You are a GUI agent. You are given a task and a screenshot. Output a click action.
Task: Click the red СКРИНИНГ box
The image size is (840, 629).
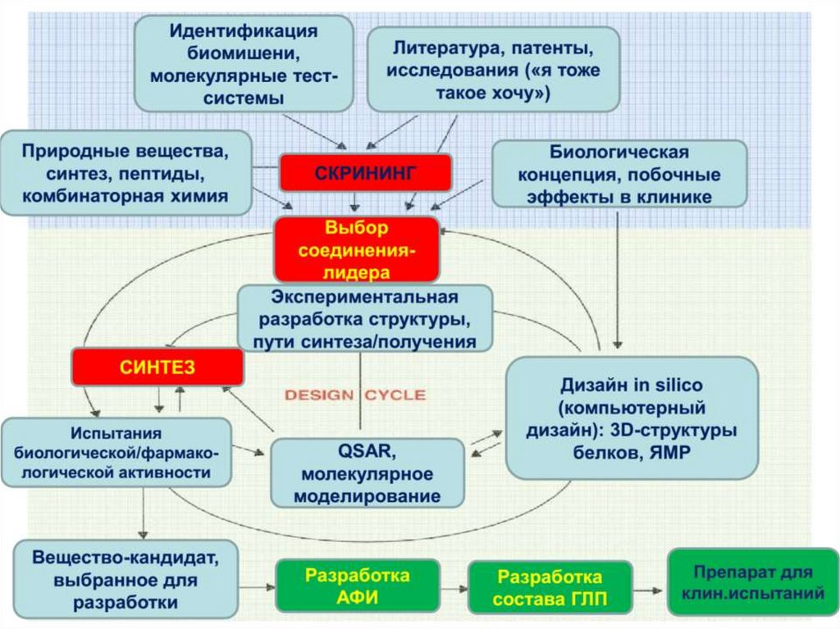click(365, 172)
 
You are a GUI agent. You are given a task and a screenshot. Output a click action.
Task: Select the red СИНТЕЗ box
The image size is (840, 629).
click(157, 367)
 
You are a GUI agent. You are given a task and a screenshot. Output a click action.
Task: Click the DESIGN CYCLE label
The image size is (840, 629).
click(354, 395)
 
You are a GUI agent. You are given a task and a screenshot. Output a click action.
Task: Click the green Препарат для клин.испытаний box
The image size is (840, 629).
click(752, 582)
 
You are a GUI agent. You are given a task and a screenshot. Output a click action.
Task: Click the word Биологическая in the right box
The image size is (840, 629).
click(619, 153)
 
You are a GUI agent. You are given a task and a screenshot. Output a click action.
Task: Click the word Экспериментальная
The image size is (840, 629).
click(364, 296)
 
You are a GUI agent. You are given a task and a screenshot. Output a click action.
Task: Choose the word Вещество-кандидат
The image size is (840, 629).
click(126, 558)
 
